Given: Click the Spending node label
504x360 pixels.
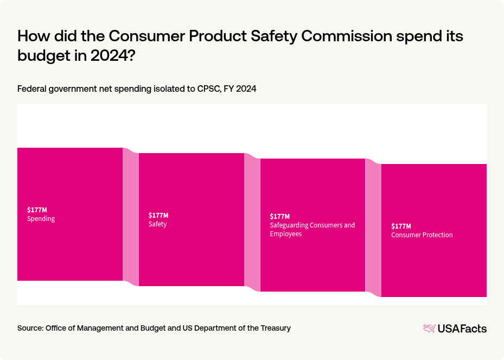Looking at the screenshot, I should [x=41, y=219].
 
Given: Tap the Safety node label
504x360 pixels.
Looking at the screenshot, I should [x=157, y=224].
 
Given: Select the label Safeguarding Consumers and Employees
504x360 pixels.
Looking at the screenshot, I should [x=312, y=229].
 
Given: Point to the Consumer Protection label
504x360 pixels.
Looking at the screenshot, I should [x=422, y=235].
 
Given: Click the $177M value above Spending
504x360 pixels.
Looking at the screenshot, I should [x=37, y=210].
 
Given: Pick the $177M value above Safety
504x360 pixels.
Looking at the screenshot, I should [x=158, y=215].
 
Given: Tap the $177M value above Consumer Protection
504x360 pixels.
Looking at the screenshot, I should [x=401, y=226].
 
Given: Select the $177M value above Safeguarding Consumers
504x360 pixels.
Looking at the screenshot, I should [x=280, y=216].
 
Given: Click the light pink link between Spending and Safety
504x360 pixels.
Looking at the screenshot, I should [x=131, y=217].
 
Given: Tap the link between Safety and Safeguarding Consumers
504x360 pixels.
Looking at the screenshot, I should [x=252, y=222].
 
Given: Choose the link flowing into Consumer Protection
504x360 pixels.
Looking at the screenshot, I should [x=373, y=228].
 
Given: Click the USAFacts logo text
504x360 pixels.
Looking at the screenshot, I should [x=462, y=329].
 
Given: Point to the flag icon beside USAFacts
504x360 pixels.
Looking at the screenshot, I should [x=429, y=329].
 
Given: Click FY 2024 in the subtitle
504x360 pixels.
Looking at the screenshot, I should [x=239, y=89].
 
